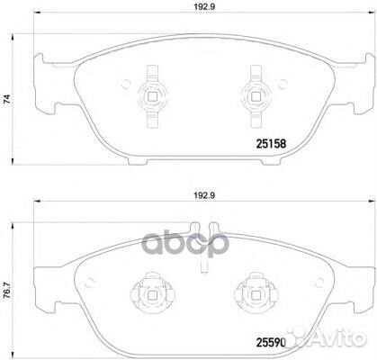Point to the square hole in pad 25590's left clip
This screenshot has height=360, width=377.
tap(148, 292)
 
